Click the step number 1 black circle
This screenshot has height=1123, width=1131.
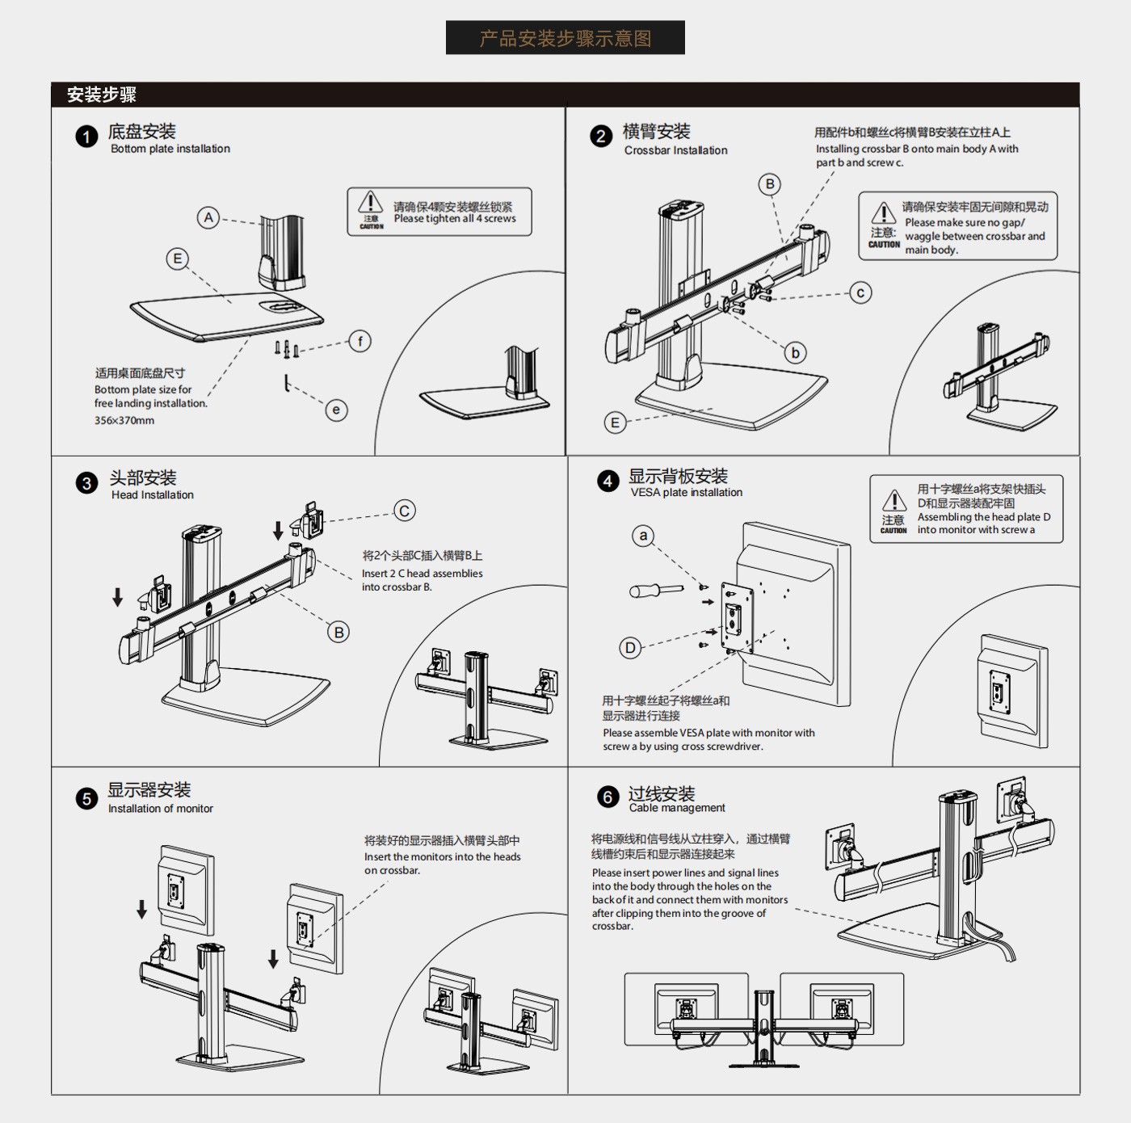coord(86,137)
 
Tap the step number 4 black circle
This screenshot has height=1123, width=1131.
coord(608,482)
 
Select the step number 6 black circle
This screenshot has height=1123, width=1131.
coord(608,797)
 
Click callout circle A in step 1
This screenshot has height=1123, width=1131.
coord(208,217)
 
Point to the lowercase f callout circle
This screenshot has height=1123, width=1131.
coord(360,341)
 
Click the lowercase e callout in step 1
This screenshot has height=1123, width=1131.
coord(337,410)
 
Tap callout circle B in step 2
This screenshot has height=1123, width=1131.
coord(770,184)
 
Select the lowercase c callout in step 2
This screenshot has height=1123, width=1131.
coord(860,292)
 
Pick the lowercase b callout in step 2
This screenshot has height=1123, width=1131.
coord(796,353)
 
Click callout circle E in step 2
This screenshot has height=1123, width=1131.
coord(615,423)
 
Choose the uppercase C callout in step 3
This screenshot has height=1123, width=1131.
coord(405,511)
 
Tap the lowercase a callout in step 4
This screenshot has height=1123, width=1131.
coord(643,536)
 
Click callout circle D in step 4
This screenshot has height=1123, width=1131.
coord(631,647)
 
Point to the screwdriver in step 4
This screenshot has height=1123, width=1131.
coord(656,591)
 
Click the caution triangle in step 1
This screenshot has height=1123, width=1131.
coord(371,203)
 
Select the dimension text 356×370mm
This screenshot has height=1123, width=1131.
coord(124,420)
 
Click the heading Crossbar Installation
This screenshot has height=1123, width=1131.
coord(675,150)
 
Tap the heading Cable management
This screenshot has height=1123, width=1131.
coord(677,808)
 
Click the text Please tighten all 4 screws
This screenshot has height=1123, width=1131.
coord(455,219)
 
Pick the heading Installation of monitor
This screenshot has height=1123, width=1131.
coord(161,809)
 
